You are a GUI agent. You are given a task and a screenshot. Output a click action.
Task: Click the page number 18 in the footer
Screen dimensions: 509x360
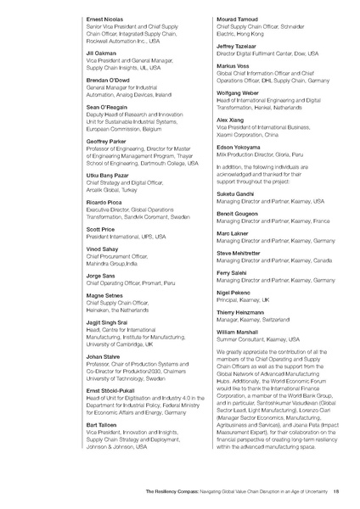337,491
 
